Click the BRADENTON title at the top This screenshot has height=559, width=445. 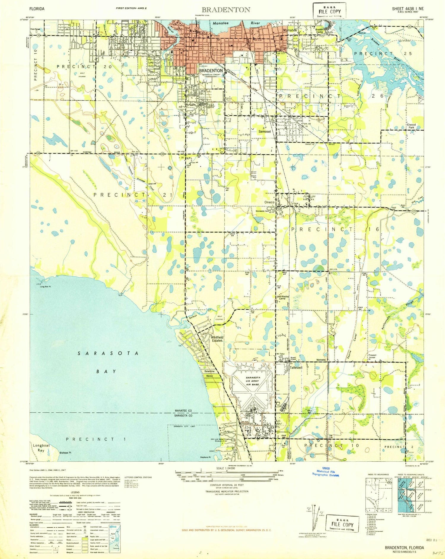(226, 10)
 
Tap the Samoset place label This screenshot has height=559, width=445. (264, 131)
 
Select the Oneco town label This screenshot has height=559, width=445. (269, 202)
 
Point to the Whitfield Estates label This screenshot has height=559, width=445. (217, 339)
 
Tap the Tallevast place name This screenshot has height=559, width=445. (296, 367)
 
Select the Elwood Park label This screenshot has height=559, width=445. (411, 126)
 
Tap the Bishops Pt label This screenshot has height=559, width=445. (65, 453)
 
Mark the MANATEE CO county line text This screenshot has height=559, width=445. (183, 411)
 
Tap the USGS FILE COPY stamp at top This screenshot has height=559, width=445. (330, 11)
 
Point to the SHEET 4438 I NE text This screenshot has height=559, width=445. (408, 9)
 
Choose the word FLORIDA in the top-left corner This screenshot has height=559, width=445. (37, 9)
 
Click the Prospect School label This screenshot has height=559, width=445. (372, 356)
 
